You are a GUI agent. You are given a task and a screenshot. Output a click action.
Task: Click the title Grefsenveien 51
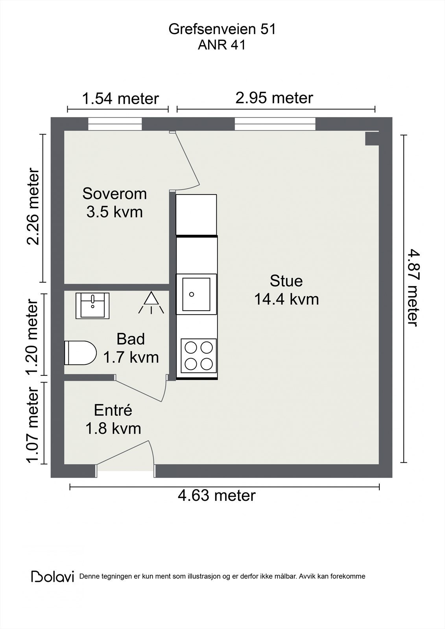click(x=222, y=29)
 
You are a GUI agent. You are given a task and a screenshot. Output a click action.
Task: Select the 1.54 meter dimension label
click(x=120, y=98)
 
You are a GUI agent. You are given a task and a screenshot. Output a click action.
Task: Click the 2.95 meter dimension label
click(x=274, y=97)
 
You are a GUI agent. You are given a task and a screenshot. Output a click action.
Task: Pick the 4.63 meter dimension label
click(x=217, y=495)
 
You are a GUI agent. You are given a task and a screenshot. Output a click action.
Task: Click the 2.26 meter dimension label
click(x=33, y=207)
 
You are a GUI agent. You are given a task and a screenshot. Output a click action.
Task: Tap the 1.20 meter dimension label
click(x=33, y=337)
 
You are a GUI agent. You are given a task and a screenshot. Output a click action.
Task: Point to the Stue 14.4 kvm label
click(x=286, y=290)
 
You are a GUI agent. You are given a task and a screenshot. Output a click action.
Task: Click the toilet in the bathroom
click(x=80, y=353)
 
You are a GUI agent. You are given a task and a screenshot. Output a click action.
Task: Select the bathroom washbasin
click(x=92, y=305)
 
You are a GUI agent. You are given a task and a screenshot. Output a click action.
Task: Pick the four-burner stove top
click(x=199, y=356)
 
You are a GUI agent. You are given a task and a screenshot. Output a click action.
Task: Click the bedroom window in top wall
click(x=114, y=124)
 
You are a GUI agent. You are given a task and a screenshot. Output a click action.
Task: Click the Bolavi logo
click(x=53, y=576)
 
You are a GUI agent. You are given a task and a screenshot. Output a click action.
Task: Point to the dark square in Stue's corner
click(x=372, y=138)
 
